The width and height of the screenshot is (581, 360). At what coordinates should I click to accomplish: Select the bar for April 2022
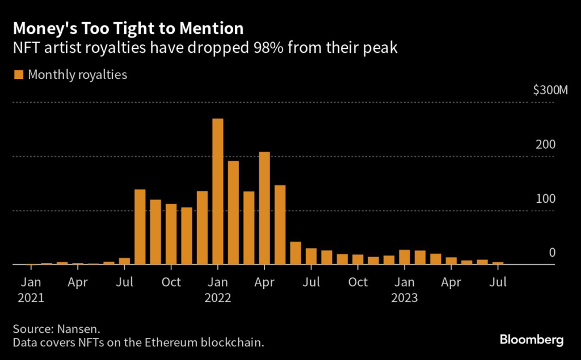pyautogui.click(x=264, y=208)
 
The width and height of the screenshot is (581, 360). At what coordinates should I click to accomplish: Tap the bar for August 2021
pyautogui.click(x=140, y=227)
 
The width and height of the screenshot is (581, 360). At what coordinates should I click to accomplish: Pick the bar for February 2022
pyautogui.click(x=233, y=213)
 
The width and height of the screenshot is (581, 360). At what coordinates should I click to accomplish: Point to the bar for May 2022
pyautogui.click(x=280, y=225)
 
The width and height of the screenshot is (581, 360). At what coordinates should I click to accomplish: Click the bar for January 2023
pyautogui.click(x=405, y=257)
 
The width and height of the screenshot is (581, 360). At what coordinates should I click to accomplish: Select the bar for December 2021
pyautogui.click(x=202, y=228)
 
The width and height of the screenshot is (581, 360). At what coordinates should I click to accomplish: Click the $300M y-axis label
pyautogui.click(x=550, y=90)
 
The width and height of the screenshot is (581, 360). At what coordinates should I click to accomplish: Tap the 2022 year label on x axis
pyautogui.click(x=218, y=298)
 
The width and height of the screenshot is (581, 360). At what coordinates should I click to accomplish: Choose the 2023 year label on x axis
pyautogui.click(x=405, y=298)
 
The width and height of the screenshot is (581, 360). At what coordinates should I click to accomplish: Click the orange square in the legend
pyautogui.click(x=19, y=74)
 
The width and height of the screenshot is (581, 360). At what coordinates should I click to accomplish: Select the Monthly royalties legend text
pyautogui.click(x=78, y=74)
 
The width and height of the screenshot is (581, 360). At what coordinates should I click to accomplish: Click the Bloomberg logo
pyautogui.click(x=532, y=340)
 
